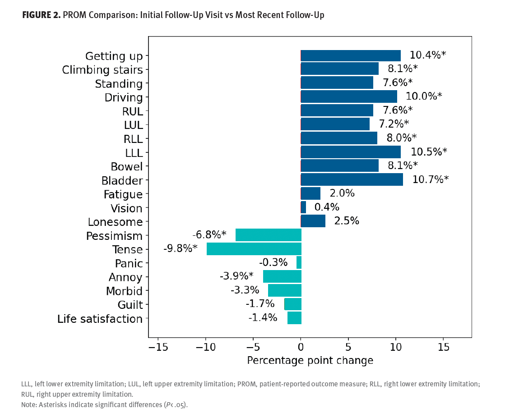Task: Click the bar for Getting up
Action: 351,55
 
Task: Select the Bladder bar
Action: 352,179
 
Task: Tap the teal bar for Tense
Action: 254,249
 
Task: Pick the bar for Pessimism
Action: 269,235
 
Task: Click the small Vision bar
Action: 303,207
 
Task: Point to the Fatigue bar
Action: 310,193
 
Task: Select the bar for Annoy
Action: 282,276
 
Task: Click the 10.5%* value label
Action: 429,151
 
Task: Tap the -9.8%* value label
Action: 181,248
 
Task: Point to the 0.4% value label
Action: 327,207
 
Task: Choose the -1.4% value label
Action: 263,317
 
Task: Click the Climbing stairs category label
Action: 102,70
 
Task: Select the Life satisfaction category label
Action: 100,319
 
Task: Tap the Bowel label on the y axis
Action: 127,167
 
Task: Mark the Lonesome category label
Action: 115,222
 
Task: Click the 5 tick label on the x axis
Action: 348,348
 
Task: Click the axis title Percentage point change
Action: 310,361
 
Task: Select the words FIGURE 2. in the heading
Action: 41,15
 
